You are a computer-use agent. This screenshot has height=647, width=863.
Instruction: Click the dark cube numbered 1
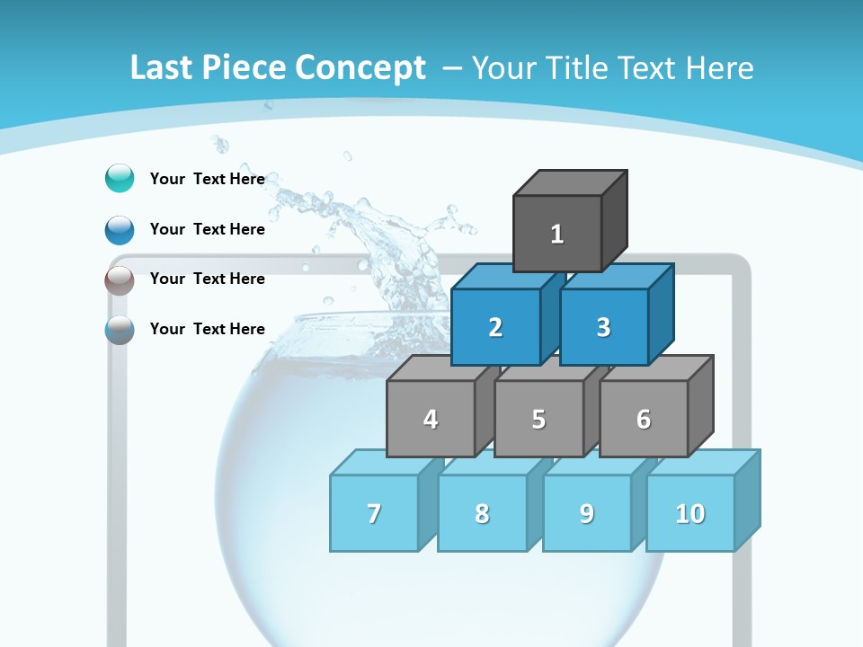point(557,234)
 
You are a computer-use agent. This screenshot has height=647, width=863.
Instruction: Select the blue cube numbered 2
point(495,327)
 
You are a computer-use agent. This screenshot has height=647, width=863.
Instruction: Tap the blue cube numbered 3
point(603,327)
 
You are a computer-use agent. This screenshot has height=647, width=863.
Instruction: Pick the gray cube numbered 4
point(431,419)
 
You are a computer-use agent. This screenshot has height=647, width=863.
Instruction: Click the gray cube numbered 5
point(538,419)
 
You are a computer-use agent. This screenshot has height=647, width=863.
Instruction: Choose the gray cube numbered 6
point(644,419)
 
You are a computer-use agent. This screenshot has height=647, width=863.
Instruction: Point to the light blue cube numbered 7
point(374,513)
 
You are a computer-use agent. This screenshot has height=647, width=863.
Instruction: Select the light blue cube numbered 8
point(482,513)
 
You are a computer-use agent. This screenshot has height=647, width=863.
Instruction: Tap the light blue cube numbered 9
point(587,513)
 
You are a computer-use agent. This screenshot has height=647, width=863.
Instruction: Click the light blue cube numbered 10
point(690,513)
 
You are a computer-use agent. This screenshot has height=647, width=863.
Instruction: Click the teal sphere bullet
point(120,178)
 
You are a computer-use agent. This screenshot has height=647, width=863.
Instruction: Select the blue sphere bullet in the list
point(120,229)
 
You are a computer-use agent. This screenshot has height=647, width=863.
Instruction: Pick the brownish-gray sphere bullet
point(120,279)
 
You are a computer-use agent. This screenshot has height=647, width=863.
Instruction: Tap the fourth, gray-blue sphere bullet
point(120,329)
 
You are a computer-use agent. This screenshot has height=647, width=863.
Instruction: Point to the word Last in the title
point(163,68)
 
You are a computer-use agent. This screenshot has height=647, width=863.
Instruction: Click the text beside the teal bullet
point(208,179)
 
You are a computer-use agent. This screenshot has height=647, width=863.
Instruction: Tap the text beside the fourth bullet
point(208,329)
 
